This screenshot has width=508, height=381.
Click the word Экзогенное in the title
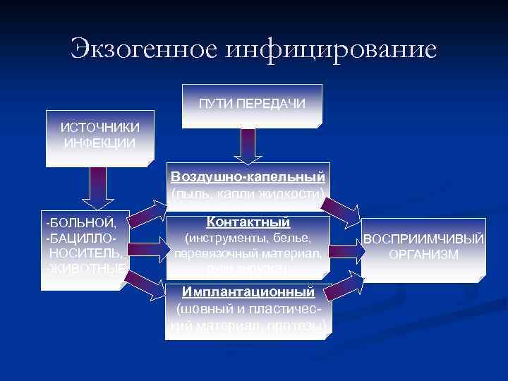pos(145,49)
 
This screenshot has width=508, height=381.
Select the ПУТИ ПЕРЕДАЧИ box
pos(252,104)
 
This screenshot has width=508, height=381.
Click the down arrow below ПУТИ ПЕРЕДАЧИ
pos(248,146)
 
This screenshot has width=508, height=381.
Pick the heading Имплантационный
pos(247,291)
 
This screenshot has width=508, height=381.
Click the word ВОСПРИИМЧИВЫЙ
pos(424,240)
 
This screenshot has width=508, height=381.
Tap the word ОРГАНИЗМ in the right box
pos(424,255)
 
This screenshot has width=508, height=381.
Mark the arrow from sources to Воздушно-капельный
pos(150,212)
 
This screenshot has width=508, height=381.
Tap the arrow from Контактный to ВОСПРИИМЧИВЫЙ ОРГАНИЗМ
pos(344,248)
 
